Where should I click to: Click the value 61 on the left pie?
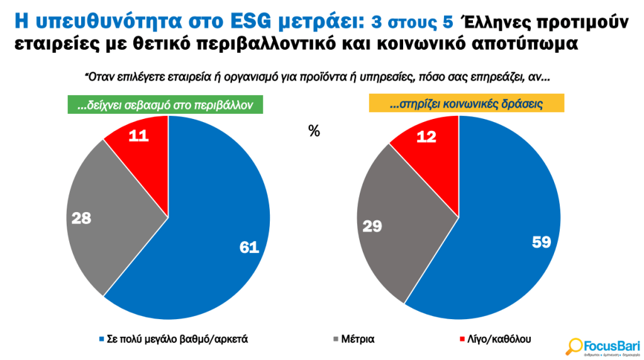(x=249, y=247)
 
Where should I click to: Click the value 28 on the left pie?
(x=82, y=218)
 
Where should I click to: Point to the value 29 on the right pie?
(x=372, y=225)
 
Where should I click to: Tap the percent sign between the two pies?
(x=314, y=132)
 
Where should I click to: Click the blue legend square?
(x=101, y=339)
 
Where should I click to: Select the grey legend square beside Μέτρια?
(x=334, y=339)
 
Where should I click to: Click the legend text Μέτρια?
(x=358, y=339)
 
